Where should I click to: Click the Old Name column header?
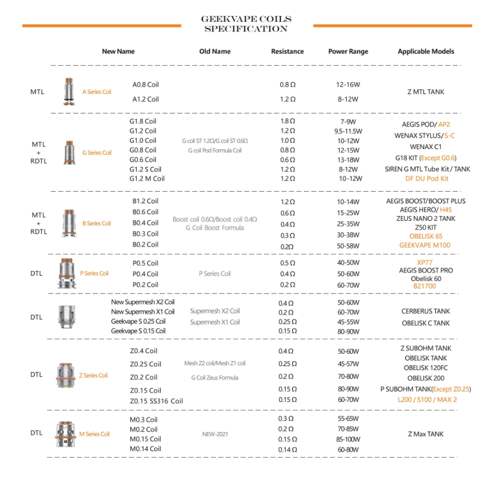click(x=215, y=51)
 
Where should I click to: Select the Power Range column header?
click(x=348, y=51)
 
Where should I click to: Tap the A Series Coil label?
click(x=97, y=92)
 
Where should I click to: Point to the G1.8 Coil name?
click(x=143, y=121)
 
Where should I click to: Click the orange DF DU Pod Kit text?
click(x=427, y=179)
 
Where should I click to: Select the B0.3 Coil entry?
click(x=145, y=234)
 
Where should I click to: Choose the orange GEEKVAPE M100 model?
click(x=425, y=245)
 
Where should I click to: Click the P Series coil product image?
click(x=68, y=273)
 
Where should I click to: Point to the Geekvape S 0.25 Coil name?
click(x=139, y=321)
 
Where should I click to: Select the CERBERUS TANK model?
click(x=425, y=311)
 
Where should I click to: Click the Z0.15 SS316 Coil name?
click(x=156, y=401)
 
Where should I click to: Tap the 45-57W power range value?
click(x=348, y=364)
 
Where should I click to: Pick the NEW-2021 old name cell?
click(x=215, y=434)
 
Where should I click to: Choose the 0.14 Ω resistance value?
click(x=287, y=449)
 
